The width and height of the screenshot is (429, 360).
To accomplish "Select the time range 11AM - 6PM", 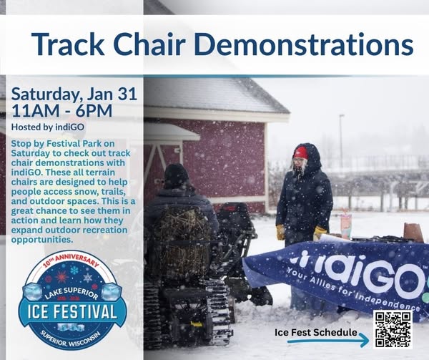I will (x=61, y=110).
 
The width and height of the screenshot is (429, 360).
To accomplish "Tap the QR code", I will (x=393, y=329).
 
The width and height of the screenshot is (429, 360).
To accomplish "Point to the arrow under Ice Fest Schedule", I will (x=328, y=343).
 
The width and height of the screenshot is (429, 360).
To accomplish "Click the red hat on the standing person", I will (x=300, y=152).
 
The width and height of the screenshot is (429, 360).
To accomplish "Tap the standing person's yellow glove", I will (x=320, y=232).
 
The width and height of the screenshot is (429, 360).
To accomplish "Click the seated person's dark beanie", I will (x=176, y=175).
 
